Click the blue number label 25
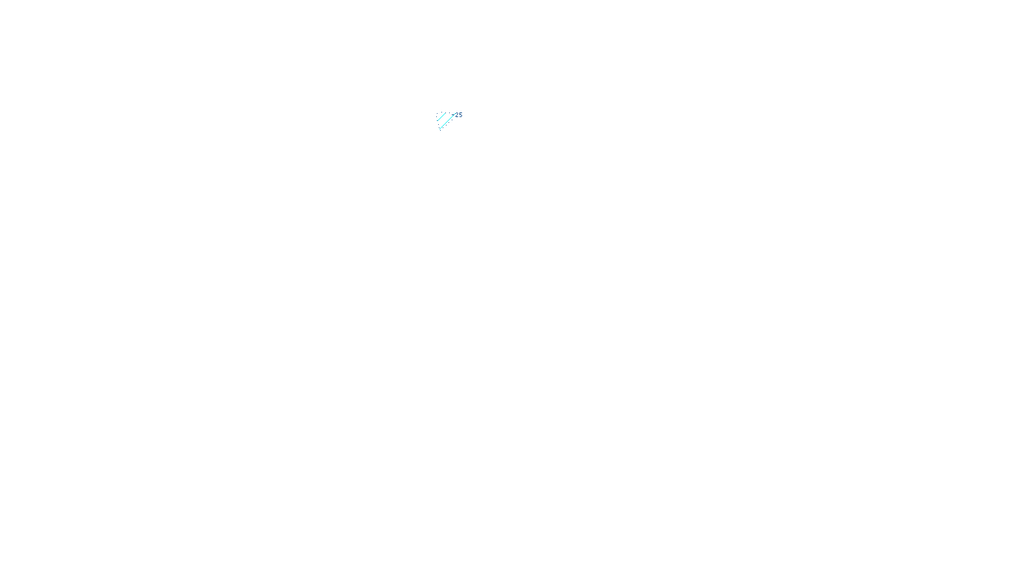point(459,115)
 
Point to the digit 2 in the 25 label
point(457,115)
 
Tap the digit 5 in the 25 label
point(461,115)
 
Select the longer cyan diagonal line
point(447,122)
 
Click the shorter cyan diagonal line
point(441,116)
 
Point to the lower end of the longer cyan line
point(439,129)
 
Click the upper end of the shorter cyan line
point(445,113)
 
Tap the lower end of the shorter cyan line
point(438,120)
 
